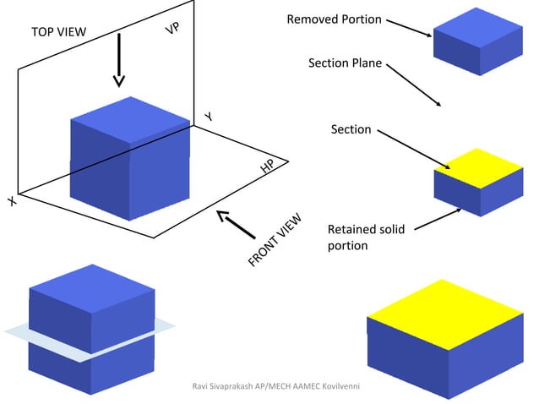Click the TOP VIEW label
click(59, 32)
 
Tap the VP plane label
click(172, 28)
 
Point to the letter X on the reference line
click(12, 201)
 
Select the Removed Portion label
click(334, 19)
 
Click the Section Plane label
click(345, 63)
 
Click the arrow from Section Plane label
click(414, 85)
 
